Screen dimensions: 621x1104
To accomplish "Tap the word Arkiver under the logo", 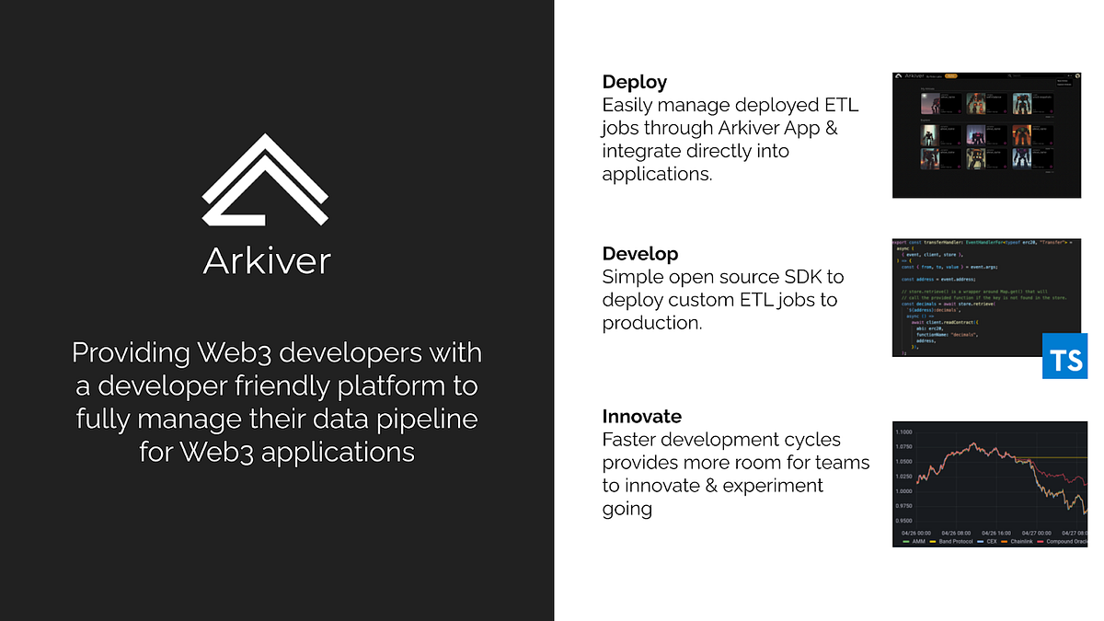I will coord(267,260).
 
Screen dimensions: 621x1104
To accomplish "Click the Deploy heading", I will coord(635,82).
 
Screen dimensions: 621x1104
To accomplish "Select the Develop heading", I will coord(640,254).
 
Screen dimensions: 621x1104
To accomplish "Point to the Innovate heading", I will coord(642,416).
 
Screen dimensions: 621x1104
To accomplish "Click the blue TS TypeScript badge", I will coord(1065,356).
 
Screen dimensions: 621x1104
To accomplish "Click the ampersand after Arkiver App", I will coord(831,128).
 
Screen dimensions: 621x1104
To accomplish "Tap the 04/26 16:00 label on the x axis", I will coord(997,533).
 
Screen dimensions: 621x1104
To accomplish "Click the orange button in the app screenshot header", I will coord(951,75).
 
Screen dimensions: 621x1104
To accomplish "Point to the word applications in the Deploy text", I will coord(656,174).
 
